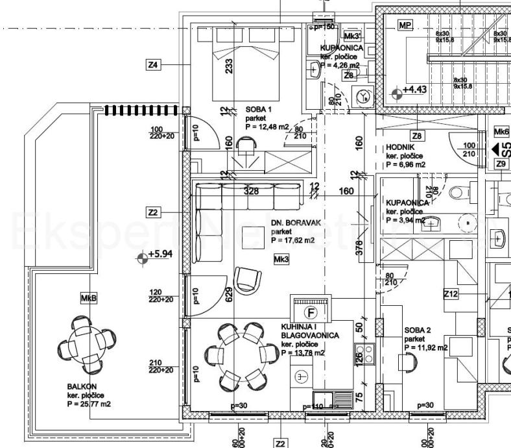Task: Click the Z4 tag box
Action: coord(154,65)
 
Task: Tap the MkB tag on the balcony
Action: coord(89,298)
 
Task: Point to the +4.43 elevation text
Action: coord(416,90)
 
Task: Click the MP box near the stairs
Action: coord(406,25)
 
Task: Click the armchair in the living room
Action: coord(246,280)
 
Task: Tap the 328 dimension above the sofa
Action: coord(233,192)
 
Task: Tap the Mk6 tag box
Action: coord(501,131)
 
